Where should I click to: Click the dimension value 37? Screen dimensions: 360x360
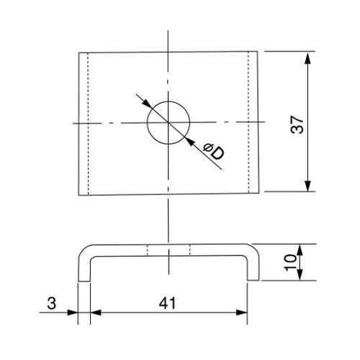click(297, 125)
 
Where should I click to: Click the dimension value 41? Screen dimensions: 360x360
click(167, 303)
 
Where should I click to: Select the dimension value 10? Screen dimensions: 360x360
click(290, 263)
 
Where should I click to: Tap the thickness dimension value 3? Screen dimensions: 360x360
click(52, 303)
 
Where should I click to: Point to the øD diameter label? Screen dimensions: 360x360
click(213, 151)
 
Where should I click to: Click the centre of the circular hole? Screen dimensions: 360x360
click(168, 123)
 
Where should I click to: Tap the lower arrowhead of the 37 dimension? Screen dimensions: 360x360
click(307, 186)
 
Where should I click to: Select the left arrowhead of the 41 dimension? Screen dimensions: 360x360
click(96, 312)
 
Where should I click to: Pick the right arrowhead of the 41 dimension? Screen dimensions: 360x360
click(241, 312)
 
